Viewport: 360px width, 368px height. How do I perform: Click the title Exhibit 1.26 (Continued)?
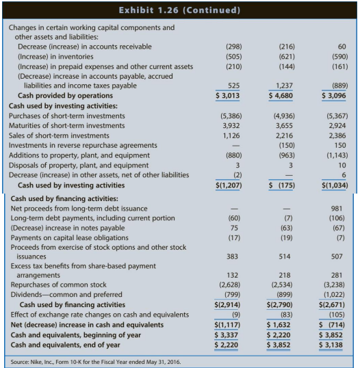click(x=180, y=10)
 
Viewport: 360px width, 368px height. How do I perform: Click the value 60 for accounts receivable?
click(x=342, y=47)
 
